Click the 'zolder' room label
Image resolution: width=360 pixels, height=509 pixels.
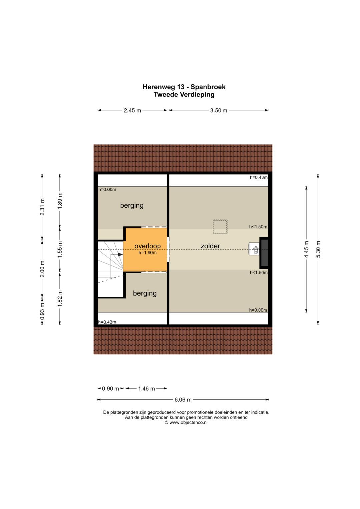[x=210, y=246]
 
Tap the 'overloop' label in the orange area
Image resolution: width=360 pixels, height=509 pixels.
[x=147, y=246]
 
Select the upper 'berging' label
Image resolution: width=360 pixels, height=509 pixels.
[x=132, y=206]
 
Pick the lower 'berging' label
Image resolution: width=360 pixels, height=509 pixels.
[x=145, y=293]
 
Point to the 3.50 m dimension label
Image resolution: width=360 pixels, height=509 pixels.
[x=219, y=110]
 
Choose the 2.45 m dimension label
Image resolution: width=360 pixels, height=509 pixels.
[x=132, y=110]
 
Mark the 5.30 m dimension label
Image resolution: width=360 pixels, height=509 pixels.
[x=318, y=249]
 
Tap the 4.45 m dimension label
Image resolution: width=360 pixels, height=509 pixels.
[x=306, y=249]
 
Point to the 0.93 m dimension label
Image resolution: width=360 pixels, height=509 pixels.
[x=42, y=311]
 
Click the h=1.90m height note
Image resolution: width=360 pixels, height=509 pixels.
[x=147, y=253]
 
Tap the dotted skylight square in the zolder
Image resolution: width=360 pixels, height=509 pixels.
[x=220, y=227]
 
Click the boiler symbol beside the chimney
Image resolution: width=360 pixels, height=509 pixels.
[x=254, y=249]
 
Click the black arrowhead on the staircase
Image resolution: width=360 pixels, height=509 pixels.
[x=121, y=255]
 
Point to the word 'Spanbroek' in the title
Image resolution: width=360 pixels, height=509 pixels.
[x=208, y=87]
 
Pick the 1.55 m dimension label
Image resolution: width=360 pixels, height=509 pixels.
[x=60, y=250]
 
